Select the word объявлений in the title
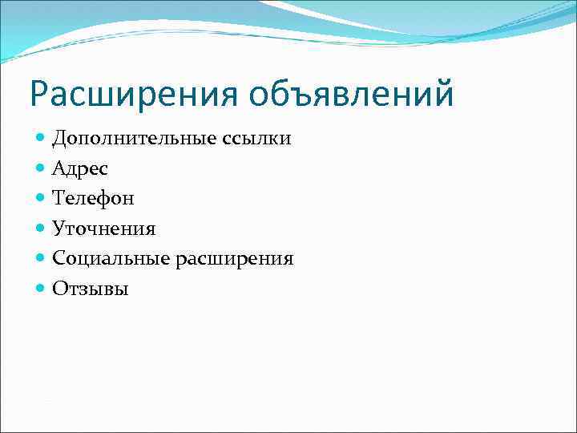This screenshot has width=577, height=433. (351, 95)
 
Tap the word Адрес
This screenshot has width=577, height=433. (80, 169)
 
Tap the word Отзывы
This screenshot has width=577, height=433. (90, 289)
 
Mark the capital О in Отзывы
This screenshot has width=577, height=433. (59, 289)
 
